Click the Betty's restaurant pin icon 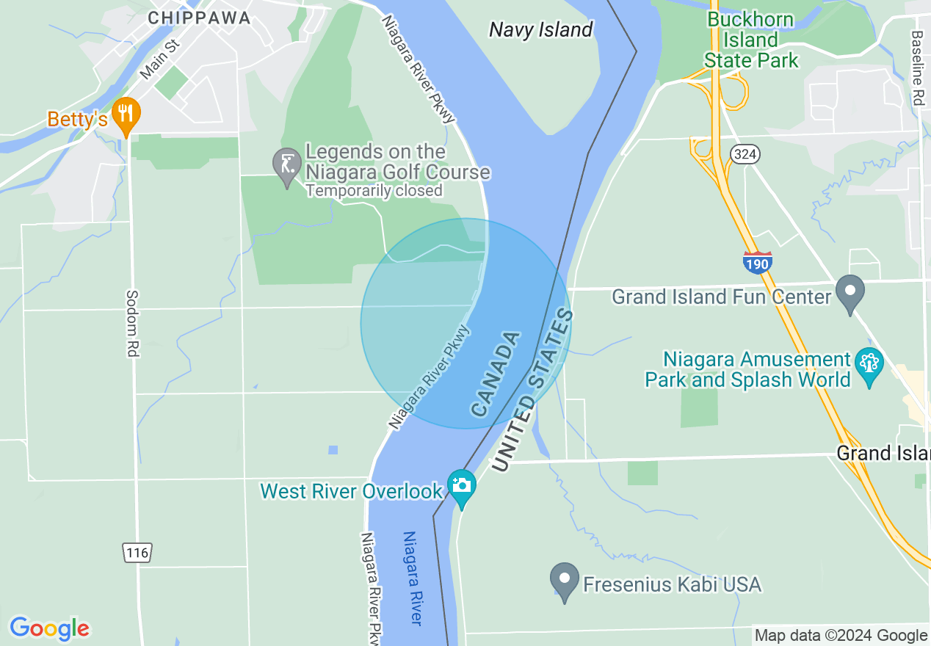(127, 115)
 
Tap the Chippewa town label (199, 18)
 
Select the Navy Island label (540, 29)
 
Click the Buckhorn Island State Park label (750, 40)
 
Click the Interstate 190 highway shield (757, 262)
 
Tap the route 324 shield (745, 153)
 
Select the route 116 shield (137, 553)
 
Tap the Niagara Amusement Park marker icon (869, 364)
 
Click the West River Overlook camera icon (461, 486)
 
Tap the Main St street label (159, 59)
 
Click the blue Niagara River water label (413, 578)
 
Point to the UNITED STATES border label (532, 390)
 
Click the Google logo (49, 628)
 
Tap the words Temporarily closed (374, 191)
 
